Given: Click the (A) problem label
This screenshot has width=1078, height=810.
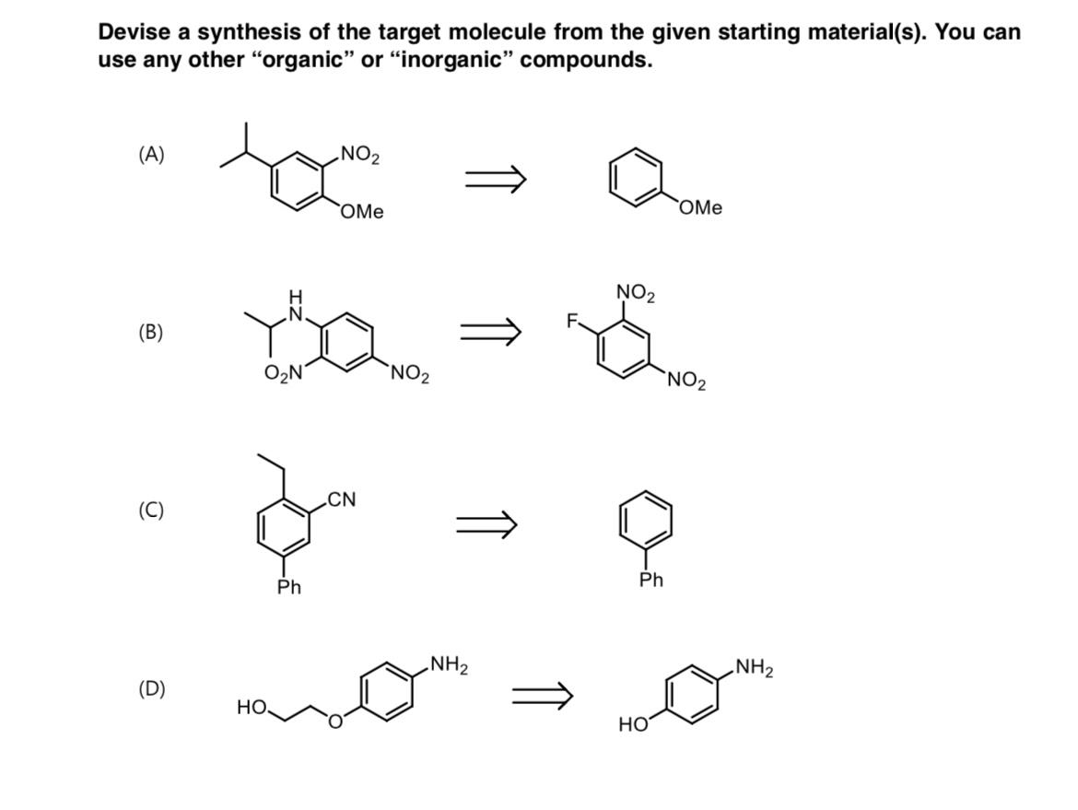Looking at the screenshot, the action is tap(151, 154).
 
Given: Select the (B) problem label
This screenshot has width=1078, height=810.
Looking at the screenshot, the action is tap(151, 332).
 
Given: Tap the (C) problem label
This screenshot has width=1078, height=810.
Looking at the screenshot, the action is tap(151, 510).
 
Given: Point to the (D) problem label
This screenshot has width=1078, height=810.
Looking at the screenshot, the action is tap(151, 688).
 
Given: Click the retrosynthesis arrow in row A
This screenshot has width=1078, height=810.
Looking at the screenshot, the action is tap(495, 179).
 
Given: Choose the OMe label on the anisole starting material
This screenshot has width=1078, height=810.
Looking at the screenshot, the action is tap(701, 208).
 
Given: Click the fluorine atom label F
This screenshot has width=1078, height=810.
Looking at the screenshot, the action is tap(571, 322).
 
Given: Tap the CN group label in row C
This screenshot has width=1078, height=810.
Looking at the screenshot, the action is tap(342, 499).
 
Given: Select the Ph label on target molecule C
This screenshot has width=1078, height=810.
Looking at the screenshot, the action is tap(289, 587).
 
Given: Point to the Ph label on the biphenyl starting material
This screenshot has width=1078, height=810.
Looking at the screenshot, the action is tap(651, 580).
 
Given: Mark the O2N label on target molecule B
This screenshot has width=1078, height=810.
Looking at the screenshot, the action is tap(283, 373).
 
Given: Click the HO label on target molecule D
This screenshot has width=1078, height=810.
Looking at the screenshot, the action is tap(251, 708).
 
